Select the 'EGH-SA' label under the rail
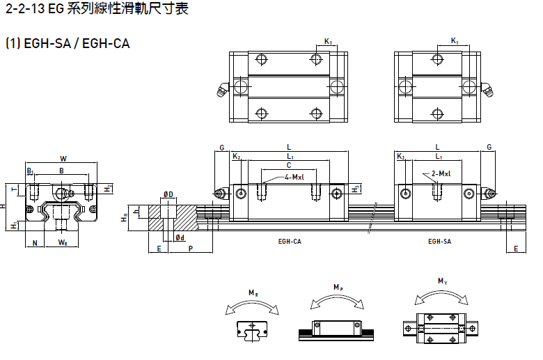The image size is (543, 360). coord(439,242)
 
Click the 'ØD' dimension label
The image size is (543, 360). coord(168,193)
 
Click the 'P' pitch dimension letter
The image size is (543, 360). coord(191,249)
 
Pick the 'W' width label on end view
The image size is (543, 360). coord(63,158)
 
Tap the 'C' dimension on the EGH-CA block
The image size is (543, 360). coord(289,166)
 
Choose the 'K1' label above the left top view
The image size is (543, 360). coord(328,42)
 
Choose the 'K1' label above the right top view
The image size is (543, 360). coord(455,42)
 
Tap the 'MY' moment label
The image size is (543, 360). coord(442,281)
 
